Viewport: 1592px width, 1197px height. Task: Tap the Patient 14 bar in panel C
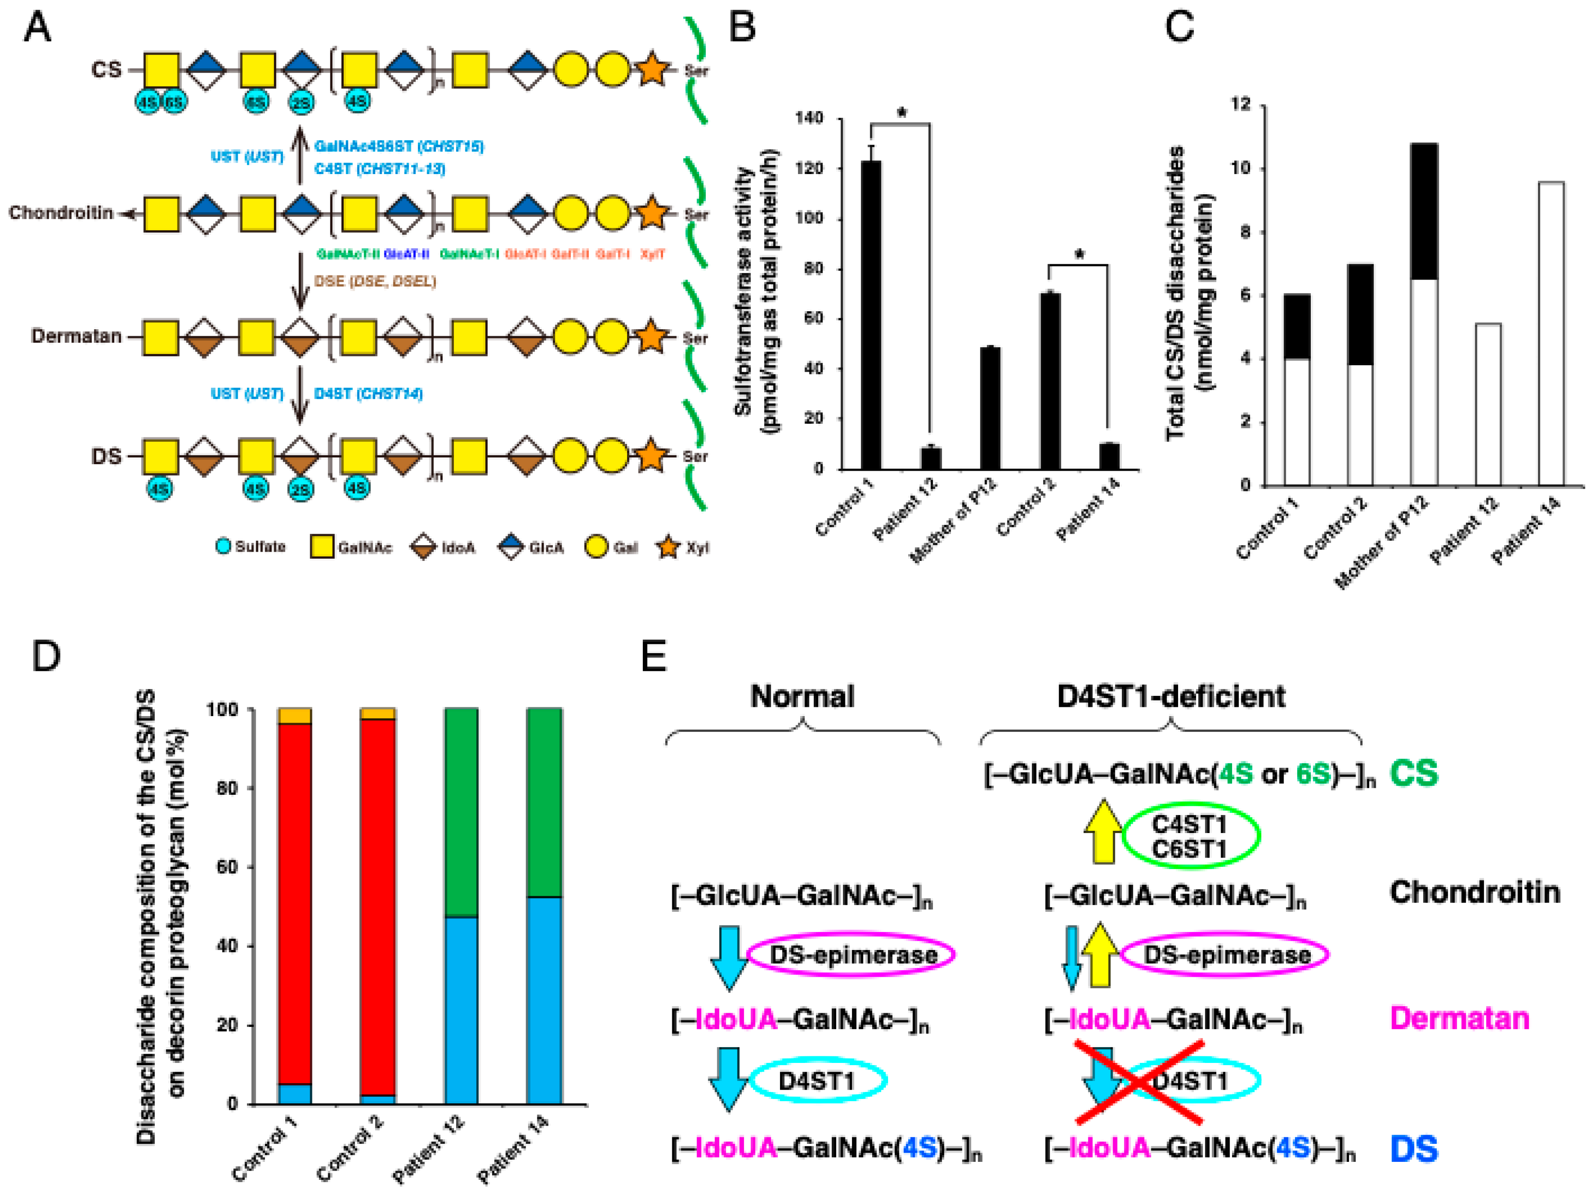1551,334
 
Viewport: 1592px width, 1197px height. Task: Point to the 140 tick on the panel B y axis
810,118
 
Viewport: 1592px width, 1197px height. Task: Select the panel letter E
653,656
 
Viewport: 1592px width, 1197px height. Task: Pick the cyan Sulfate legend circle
224,546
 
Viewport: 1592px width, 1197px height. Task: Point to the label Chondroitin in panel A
61,213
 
